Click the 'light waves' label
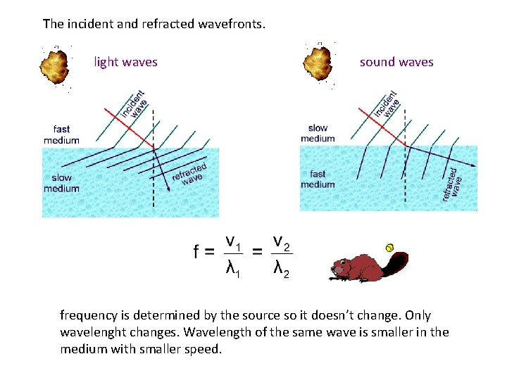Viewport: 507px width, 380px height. pos(125,62)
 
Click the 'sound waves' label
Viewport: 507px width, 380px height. pos(396,62)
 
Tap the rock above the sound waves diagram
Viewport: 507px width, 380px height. pos(318,63)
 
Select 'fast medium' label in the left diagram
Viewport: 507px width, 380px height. pos(61,134)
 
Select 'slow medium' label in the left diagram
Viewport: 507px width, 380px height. pos(61,183)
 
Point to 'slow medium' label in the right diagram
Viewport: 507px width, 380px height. pos(318,133)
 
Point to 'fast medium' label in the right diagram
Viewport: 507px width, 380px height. pos(318,179)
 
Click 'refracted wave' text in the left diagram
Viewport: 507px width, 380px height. pos(189,173)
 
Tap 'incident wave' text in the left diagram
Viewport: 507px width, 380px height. pos(133,104)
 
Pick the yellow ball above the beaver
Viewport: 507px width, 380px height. pos(388,247)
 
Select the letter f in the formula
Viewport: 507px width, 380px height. pos(197,252)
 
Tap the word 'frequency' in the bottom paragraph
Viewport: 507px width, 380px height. pos(89,315)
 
